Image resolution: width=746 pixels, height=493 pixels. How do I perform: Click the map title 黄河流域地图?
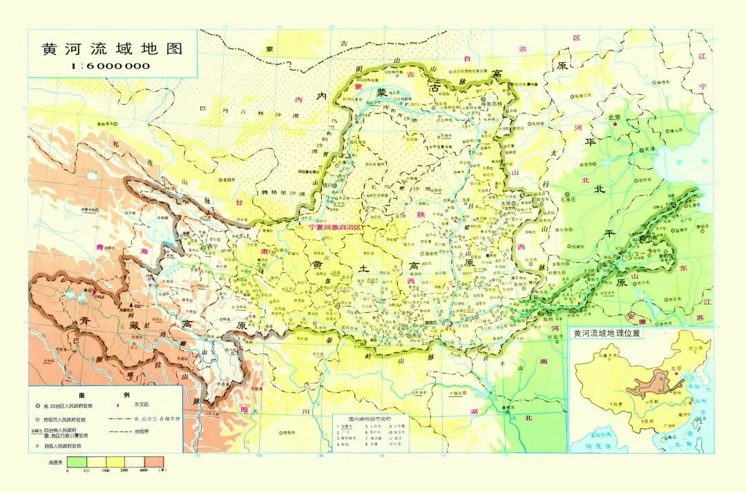click(x=112, y=50)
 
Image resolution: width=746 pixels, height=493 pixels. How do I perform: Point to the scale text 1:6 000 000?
click(x=111, y=66)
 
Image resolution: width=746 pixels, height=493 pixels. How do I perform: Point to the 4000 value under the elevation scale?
click(x=144, y=470)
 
